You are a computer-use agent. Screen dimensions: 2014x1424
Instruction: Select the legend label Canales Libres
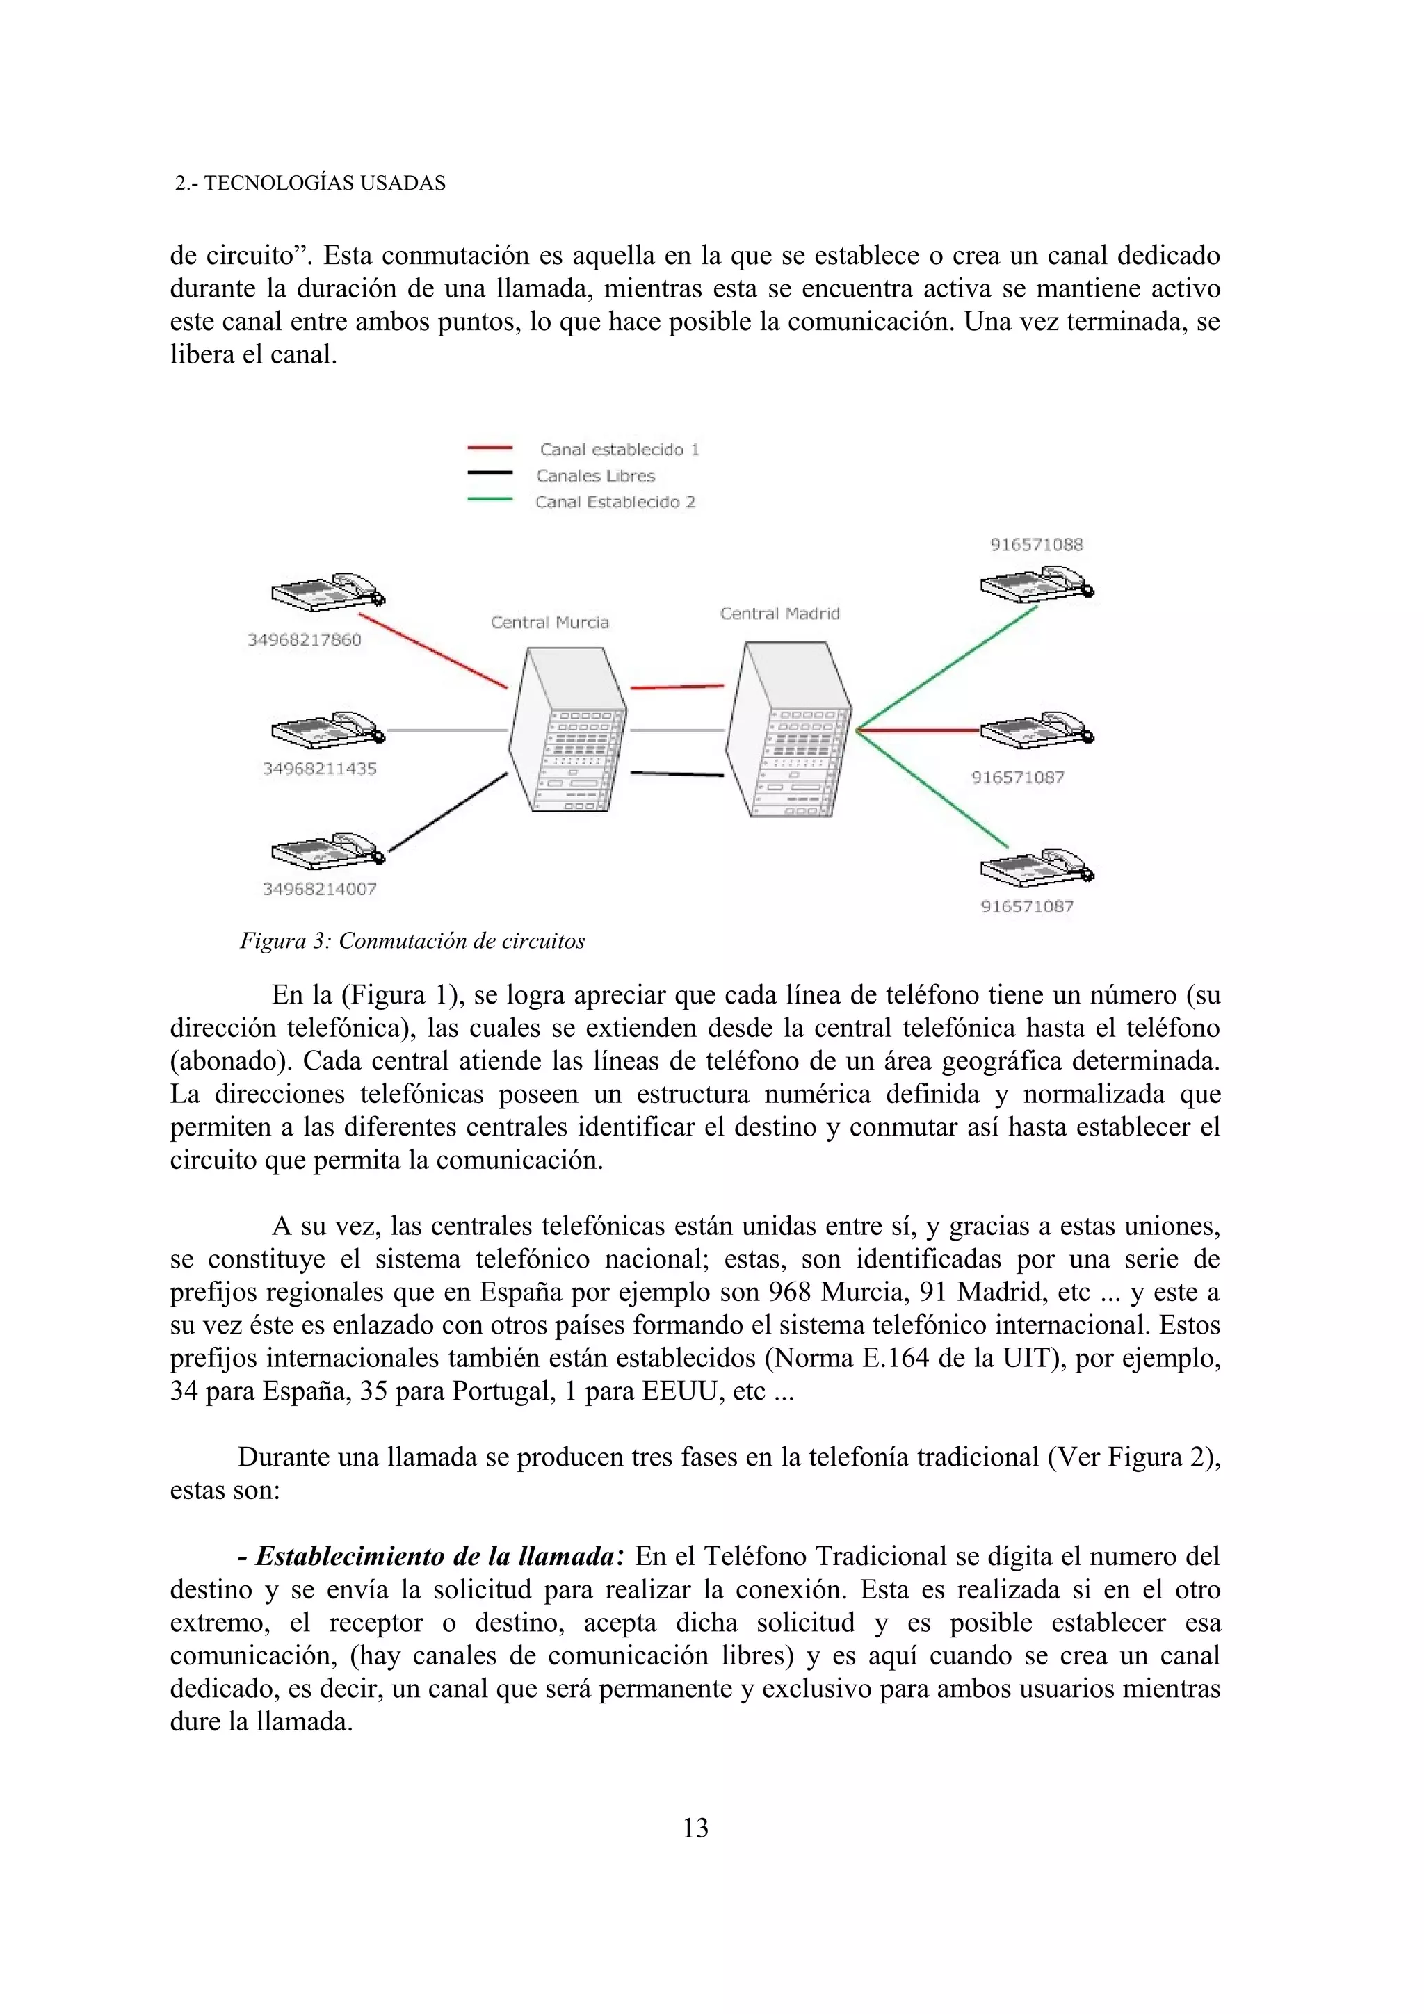[596, 475]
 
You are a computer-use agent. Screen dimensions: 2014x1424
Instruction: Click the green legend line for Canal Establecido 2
[489, 499]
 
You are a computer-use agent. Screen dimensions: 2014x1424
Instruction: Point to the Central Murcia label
[549, 622]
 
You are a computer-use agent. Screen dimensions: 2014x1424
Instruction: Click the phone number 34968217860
[304, 639]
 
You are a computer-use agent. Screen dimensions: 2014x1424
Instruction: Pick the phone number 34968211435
[319, 769]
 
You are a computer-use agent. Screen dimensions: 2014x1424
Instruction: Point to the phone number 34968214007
[319, 889]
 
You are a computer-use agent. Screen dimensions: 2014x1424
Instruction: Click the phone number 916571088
[1036, 544]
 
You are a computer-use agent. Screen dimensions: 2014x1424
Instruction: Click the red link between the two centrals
[677, 687]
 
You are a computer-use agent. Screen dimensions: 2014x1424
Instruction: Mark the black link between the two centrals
[677, 773]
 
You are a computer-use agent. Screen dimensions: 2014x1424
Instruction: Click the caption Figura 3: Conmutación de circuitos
[412, 941]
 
